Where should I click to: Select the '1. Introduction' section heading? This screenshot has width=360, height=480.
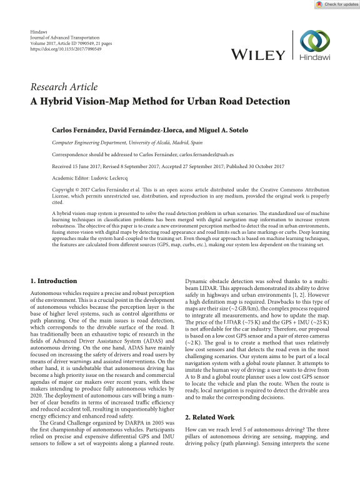pyautogui.click(x=54, y=281)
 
